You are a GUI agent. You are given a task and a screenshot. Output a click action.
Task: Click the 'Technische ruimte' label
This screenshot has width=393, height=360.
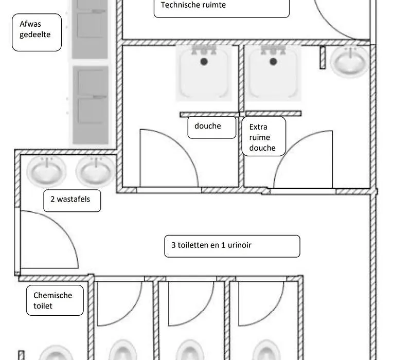[193, 5]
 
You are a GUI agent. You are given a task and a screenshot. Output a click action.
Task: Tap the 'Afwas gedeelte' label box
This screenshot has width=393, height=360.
[37, 32]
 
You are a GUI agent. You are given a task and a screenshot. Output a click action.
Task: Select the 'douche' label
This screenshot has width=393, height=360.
[207, 126]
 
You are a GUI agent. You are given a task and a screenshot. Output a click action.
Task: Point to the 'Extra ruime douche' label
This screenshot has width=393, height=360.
[262, 137]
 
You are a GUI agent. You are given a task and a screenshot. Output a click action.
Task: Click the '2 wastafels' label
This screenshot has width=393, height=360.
[70, 199]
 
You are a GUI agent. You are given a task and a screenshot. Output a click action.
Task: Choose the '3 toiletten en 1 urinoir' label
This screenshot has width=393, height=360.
[211, 245]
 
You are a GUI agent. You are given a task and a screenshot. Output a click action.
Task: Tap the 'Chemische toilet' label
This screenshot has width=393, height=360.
[52, 300]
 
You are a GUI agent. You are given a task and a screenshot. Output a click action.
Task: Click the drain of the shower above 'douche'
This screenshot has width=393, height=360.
[204, 61]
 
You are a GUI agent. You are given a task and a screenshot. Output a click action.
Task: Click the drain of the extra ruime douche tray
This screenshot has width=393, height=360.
[273, 61]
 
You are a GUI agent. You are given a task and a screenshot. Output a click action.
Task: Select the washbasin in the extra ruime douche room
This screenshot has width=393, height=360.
[350, 61]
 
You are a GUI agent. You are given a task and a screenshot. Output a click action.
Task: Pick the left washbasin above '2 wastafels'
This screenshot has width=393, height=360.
[46, 171]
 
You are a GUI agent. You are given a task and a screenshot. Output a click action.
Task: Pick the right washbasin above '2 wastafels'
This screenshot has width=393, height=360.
[96, 171]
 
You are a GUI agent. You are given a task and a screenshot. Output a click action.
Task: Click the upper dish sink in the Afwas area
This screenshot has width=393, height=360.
[90, 29]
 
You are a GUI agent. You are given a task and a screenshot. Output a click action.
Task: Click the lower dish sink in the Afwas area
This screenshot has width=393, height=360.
[91, 105]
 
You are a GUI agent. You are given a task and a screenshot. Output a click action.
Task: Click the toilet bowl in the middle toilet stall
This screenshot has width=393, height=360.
[190, 350]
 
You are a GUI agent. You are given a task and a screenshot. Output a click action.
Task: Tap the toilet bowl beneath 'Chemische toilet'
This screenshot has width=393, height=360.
[56, 353]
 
